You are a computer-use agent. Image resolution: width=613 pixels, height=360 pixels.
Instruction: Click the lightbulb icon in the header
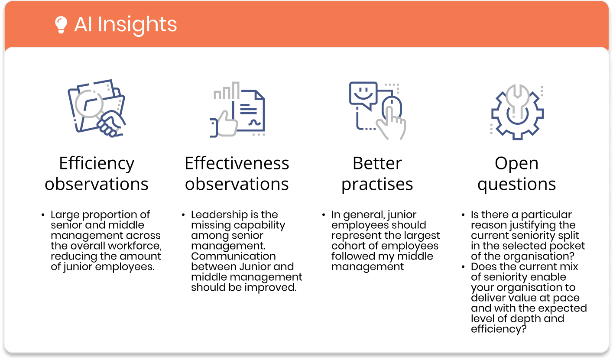pos(61,25)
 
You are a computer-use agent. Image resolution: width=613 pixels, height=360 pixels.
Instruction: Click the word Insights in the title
pos(137,25)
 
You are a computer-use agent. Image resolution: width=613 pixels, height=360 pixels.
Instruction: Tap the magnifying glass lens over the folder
pos(89,104)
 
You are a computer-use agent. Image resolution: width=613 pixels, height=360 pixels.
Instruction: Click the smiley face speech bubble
pos(363,94)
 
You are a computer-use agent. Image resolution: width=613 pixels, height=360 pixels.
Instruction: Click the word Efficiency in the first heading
pos(97,164)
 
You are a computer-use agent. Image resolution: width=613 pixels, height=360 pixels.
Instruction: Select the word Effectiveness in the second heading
pos(237,163)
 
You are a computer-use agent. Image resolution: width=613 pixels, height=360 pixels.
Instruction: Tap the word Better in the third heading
pos(377,163)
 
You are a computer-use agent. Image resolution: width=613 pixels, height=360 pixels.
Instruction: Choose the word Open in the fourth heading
pos(516,164)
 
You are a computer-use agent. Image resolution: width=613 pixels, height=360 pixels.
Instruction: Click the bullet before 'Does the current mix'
pos(463,267)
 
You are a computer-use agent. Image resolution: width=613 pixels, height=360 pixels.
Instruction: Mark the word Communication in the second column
pos(234,256)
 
